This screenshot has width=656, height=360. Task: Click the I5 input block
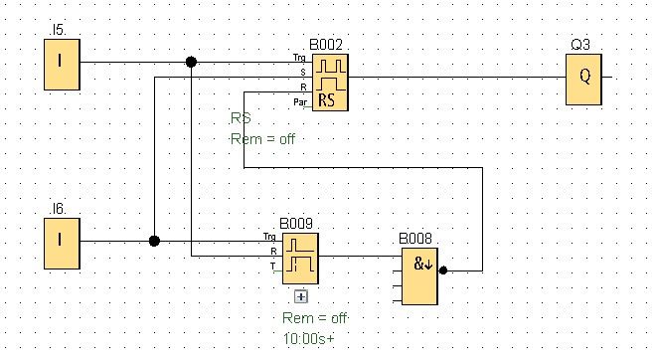tap(62, 65)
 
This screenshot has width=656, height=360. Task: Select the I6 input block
tap(62, 244)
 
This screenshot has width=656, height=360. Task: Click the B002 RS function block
tap(330, 83)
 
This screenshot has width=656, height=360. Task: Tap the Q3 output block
tap(583, 80)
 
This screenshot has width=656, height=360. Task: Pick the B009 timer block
tap(300, 259)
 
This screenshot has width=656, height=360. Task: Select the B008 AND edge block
tap(420, 276)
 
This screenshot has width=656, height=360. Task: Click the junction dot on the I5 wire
tap(191, 62)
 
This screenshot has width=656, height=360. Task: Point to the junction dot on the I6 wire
tap(154, 241)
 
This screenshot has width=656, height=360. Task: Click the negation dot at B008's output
tap(443, 270)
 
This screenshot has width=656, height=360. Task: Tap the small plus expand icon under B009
tap(301, 296)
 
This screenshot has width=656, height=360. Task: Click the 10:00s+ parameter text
tap(309, 338)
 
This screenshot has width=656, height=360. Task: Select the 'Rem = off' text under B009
tap(315, 318)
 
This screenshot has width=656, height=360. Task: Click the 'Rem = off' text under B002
tap(262, 138)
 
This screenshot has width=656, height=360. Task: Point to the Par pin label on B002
tap(300, 101)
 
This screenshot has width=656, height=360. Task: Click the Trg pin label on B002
tap(299, 58)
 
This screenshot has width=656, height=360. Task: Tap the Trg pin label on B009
tap(269, 237)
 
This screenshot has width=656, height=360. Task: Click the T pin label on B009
tap(272, 266)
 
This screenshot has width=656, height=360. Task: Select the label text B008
tap(415, 239)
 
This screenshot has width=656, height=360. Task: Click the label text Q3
tap(580, 45)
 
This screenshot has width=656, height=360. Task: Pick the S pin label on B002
tap(303, 73)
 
